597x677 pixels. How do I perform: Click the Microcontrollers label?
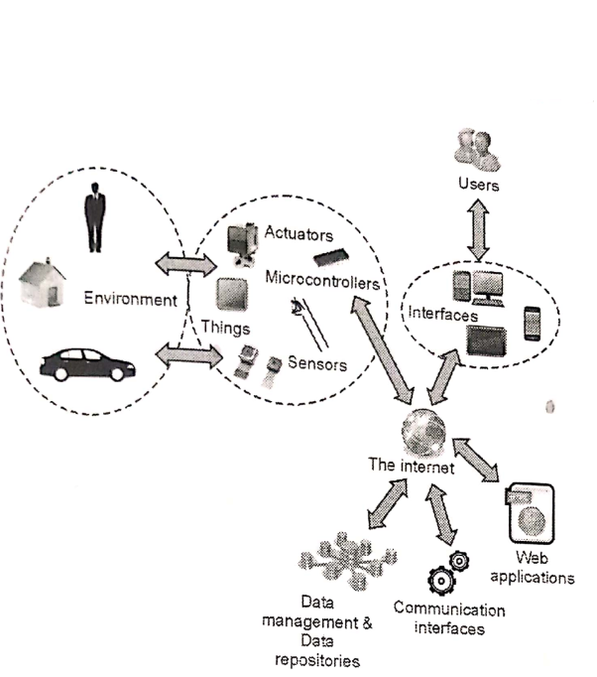(x=323, y=282)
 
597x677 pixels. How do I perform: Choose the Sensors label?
(x=316, y=364)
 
